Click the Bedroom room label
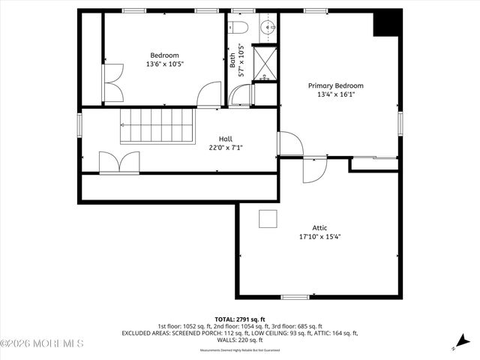click(164, 55)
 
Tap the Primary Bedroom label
click(335, 85)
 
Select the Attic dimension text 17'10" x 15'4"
click(320, 237)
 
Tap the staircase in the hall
click(157, 124)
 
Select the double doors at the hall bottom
click(118, 163)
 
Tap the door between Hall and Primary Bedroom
click(289, 144)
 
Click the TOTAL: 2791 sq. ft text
click(240, 319)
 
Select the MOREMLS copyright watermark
click(42, 343)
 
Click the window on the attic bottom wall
click(295, 297)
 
